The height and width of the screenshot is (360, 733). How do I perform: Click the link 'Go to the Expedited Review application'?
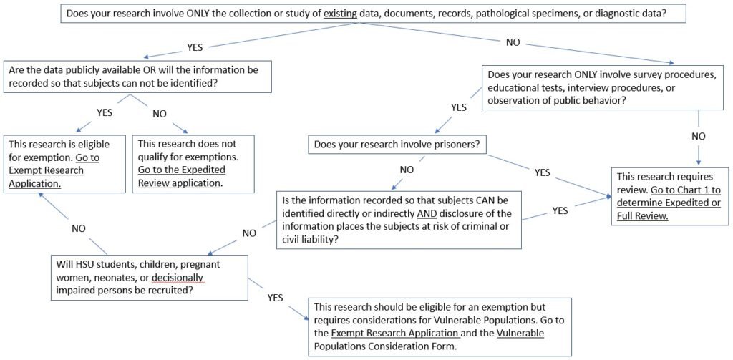click(182, 176)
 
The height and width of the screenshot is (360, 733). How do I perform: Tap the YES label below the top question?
click(195, 48)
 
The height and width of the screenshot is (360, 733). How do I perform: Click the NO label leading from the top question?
click(513, 43)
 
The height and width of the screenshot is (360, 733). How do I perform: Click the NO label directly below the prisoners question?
click(406, 170)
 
